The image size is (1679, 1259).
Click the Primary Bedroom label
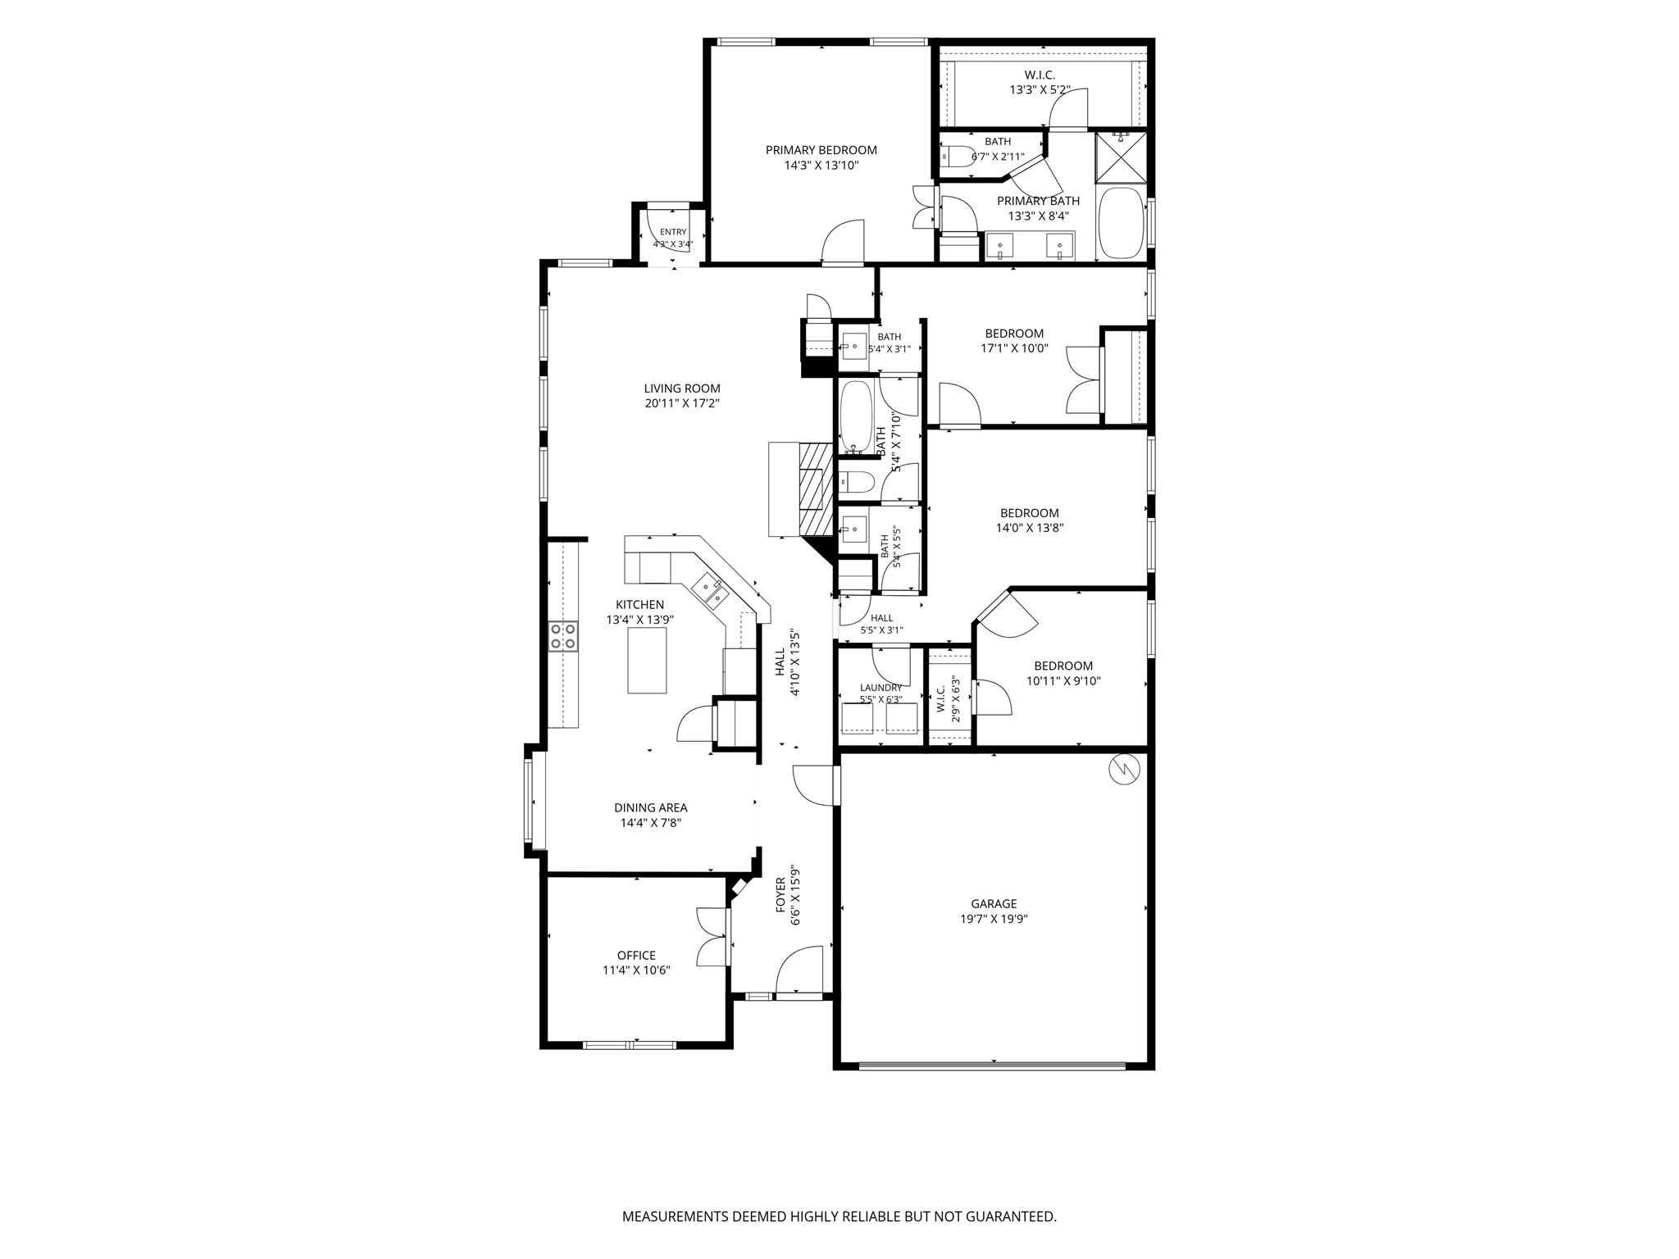[x=821, y=150]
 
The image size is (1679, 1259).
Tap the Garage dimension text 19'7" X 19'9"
[x=994, y=919]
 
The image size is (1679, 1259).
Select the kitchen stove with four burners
[x=563, y=636]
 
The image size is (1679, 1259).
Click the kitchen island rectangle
[x=647, y=660]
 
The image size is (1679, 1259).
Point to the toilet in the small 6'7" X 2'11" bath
[x=957, y=156]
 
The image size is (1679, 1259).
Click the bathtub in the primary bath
[x=1121, y=224]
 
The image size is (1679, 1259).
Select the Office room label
[x=636, y=955]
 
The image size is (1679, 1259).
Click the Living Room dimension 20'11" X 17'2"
[x=681, y=403]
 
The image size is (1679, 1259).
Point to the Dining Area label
[x=650, y=807]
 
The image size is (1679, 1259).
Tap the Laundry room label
[x=880, y=688]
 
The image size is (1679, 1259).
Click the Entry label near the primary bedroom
[x=673, y=232]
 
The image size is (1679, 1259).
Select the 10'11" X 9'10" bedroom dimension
[x=1063, y=680]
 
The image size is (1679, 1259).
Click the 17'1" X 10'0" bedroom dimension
[x=1014, y=348]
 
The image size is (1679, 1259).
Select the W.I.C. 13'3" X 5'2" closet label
[x=1040, y=82]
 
